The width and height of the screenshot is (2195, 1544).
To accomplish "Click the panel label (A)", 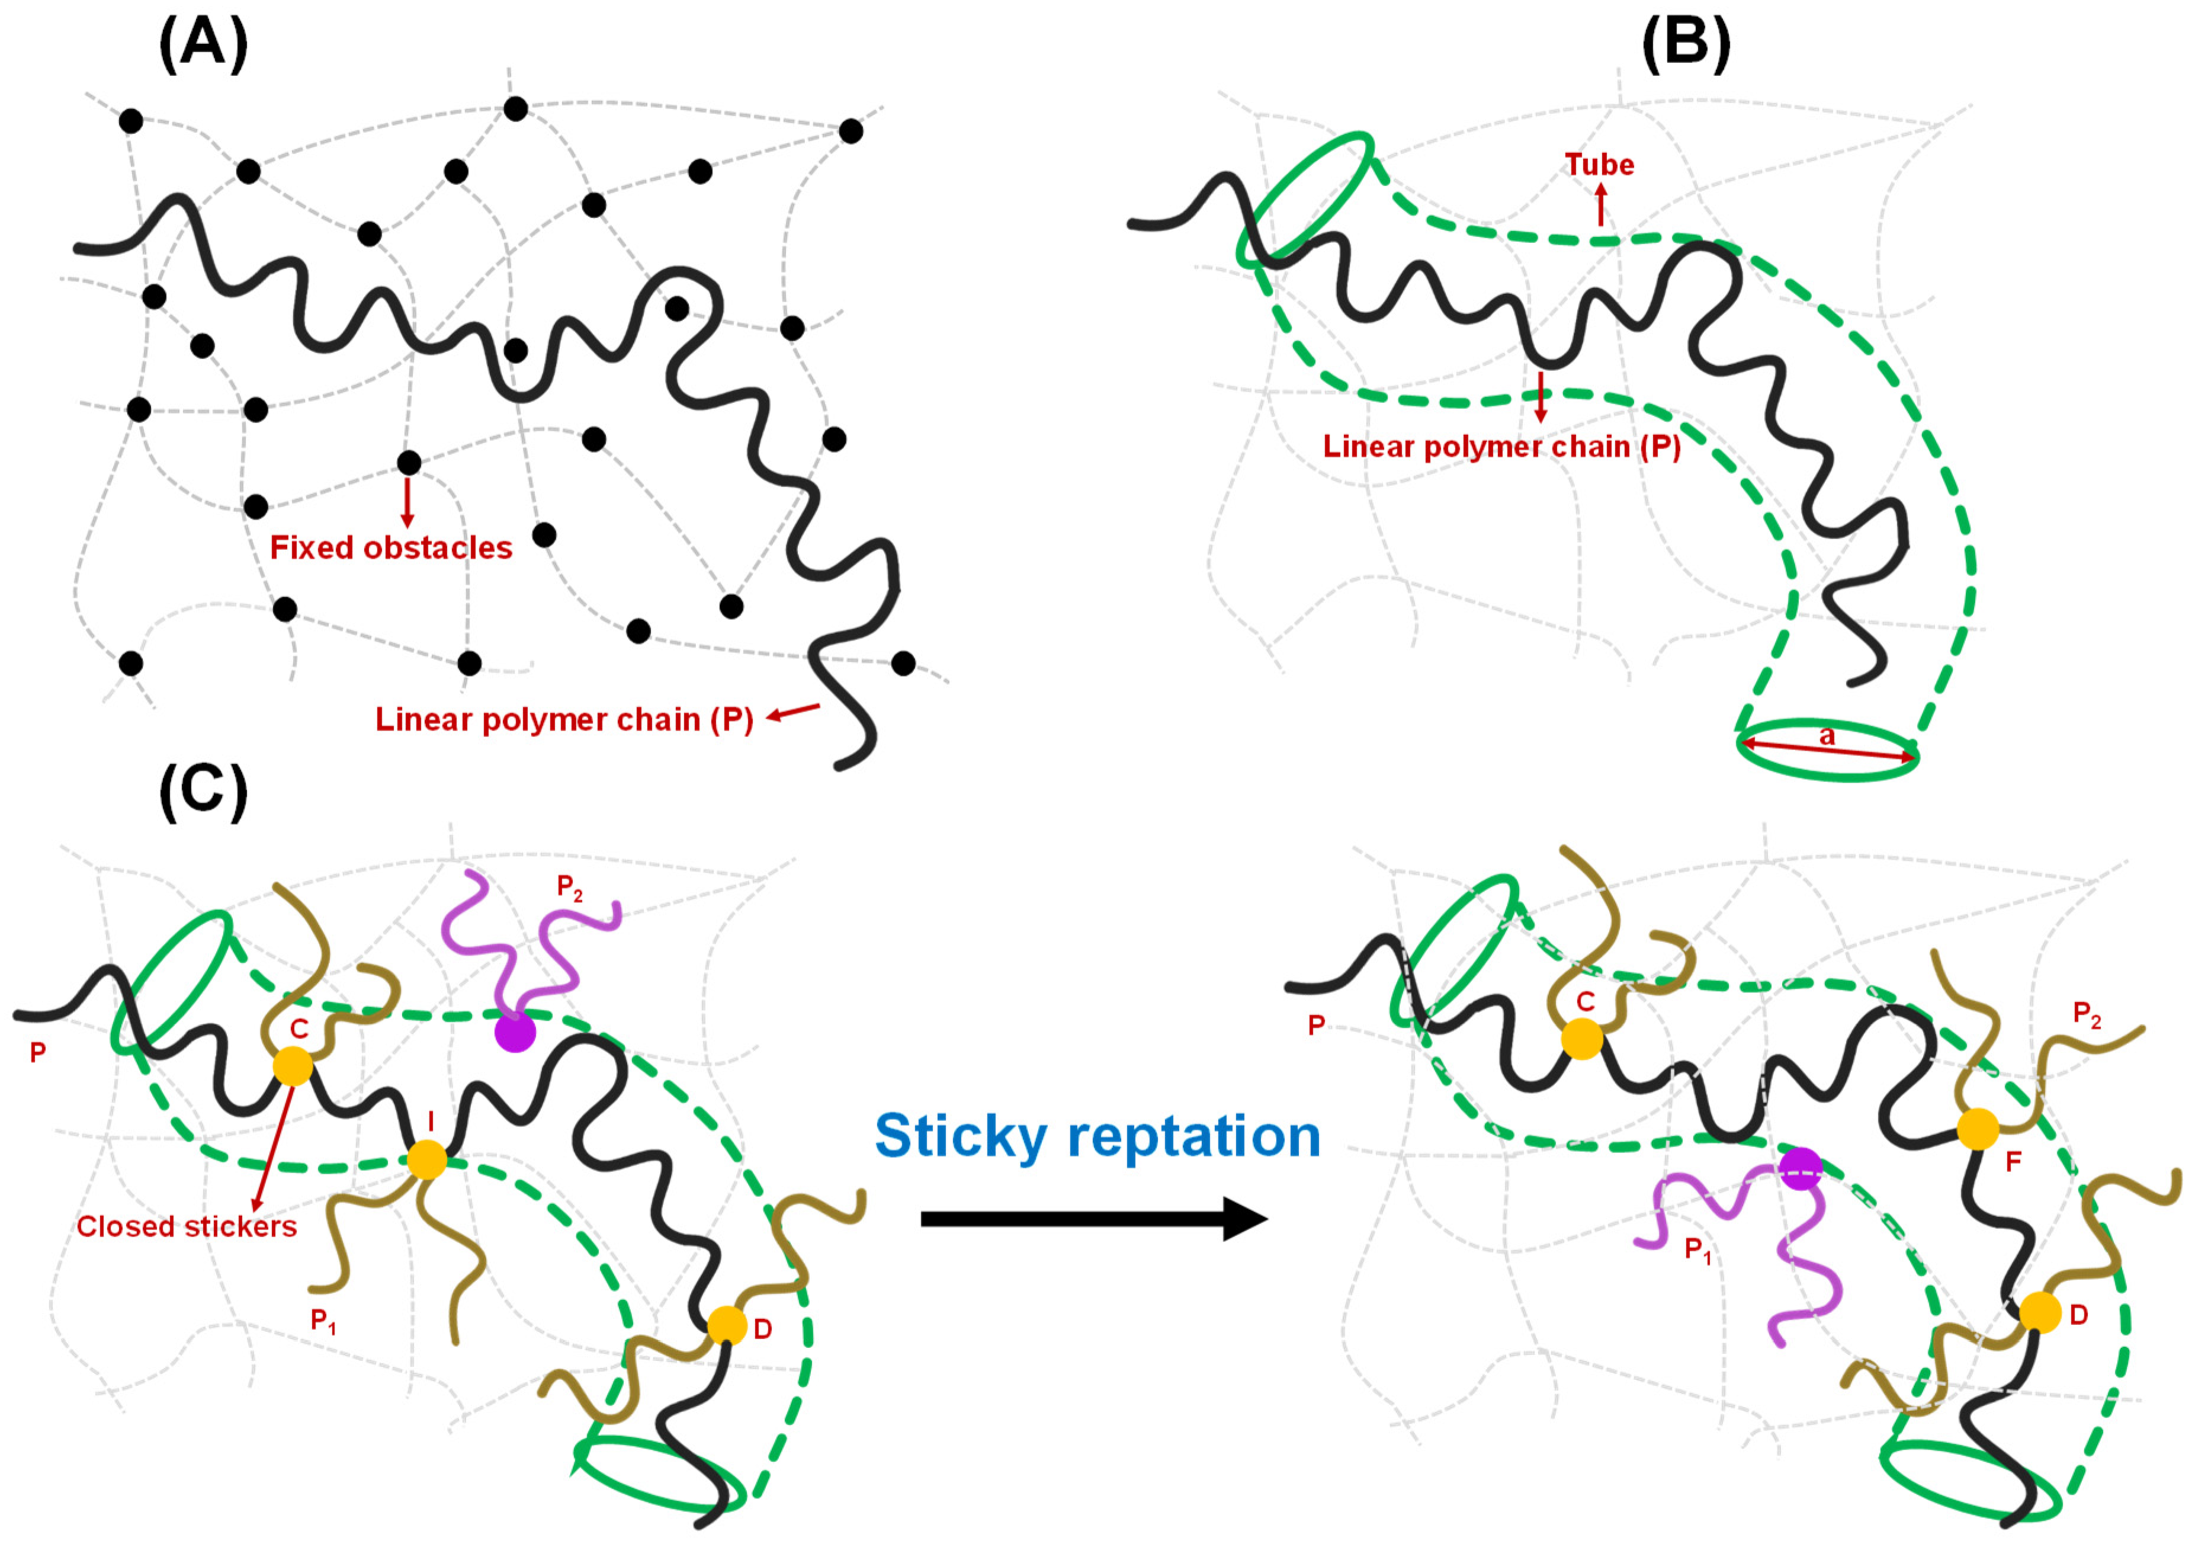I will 203,45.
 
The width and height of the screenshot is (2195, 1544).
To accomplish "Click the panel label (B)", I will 1686,45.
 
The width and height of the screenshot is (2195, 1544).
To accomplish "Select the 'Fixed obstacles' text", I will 391,548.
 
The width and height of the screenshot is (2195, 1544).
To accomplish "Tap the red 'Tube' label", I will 1599,165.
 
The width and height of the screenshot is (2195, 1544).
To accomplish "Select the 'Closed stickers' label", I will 187,1226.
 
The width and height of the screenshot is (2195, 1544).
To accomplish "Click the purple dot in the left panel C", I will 515,1033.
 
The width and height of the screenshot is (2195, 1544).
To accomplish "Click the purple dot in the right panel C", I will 1801,1169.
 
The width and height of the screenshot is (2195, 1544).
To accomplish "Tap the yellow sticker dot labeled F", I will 1978,1129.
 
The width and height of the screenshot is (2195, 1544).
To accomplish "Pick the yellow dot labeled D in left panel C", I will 727,1325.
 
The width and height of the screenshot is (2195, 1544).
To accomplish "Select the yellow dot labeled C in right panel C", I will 1582,1038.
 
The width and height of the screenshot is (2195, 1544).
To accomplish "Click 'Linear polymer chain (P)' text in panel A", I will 564,720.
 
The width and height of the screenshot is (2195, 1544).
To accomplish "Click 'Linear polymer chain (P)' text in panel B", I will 1501,447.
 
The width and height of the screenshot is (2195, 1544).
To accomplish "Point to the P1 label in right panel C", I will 1698,1250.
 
